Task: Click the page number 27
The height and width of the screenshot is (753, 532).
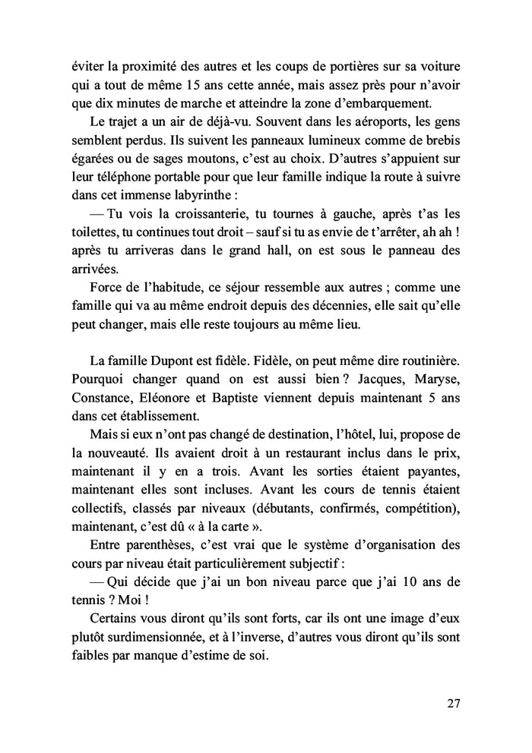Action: click(x=453, y=702)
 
